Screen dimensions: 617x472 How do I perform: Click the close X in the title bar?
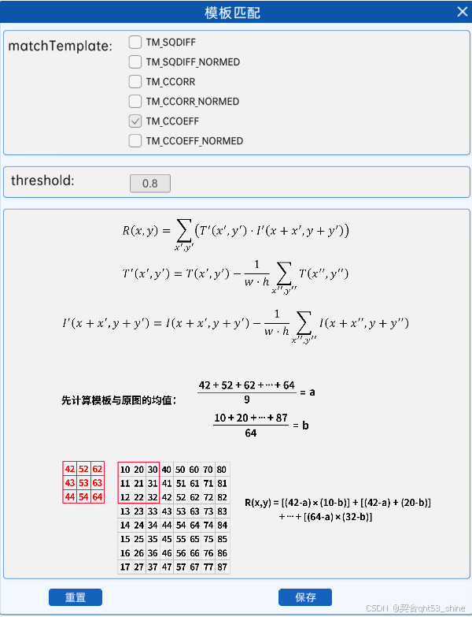pyautogui.click(x=462, y=12)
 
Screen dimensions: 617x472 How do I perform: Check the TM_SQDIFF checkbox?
pyautogui.click(x=135, y=43)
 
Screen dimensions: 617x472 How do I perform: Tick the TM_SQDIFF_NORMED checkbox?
pyautogui.click(x=135, y=62)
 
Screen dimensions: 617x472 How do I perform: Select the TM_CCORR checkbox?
pyautogui.click(x=135, y=82)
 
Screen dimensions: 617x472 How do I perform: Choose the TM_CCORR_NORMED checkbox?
pyautogui.click(x=135, y=102)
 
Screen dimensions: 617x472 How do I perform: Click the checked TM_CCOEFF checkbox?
pyautogui.click(x=135, y=121)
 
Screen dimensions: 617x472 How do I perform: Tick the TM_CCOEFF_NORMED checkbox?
pyautogui.click(x=135, y=141)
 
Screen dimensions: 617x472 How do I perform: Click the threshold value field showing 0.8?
pyautogui.click(x=150, y=184)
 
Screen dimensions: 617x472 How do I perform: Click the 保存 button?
pyautogui.click(x=305, y=597)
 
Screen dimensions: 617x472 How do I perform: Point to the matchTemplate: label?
pyautogui.click(x=60, y=46)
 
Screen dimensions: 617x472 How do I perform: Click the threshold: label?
pyautogui.click(x=42, y=180)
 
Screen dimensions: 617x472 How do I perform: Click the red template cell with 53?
pyautogui.click(x=83, y=482)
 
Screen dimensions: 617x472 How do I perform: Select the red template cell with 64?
pyautogui.click(x=97, y=496)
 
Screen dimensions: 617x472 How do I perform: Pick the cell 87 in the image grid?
pyautogui.click(x=223, y=567)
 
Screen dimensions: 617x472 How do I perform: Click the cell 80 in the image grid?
pyautogui.click(x=223, y=469)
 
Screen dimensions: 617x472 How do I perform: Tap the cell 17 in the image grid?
pyautogui.click(x=126, y=567)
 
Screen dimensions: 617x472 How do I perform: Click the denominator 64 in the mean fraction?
pyautogui.click(x=250, y=433)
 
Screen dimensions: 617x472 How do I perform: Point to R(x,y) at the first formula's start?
pyautogui.click(x=140, y=231)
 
